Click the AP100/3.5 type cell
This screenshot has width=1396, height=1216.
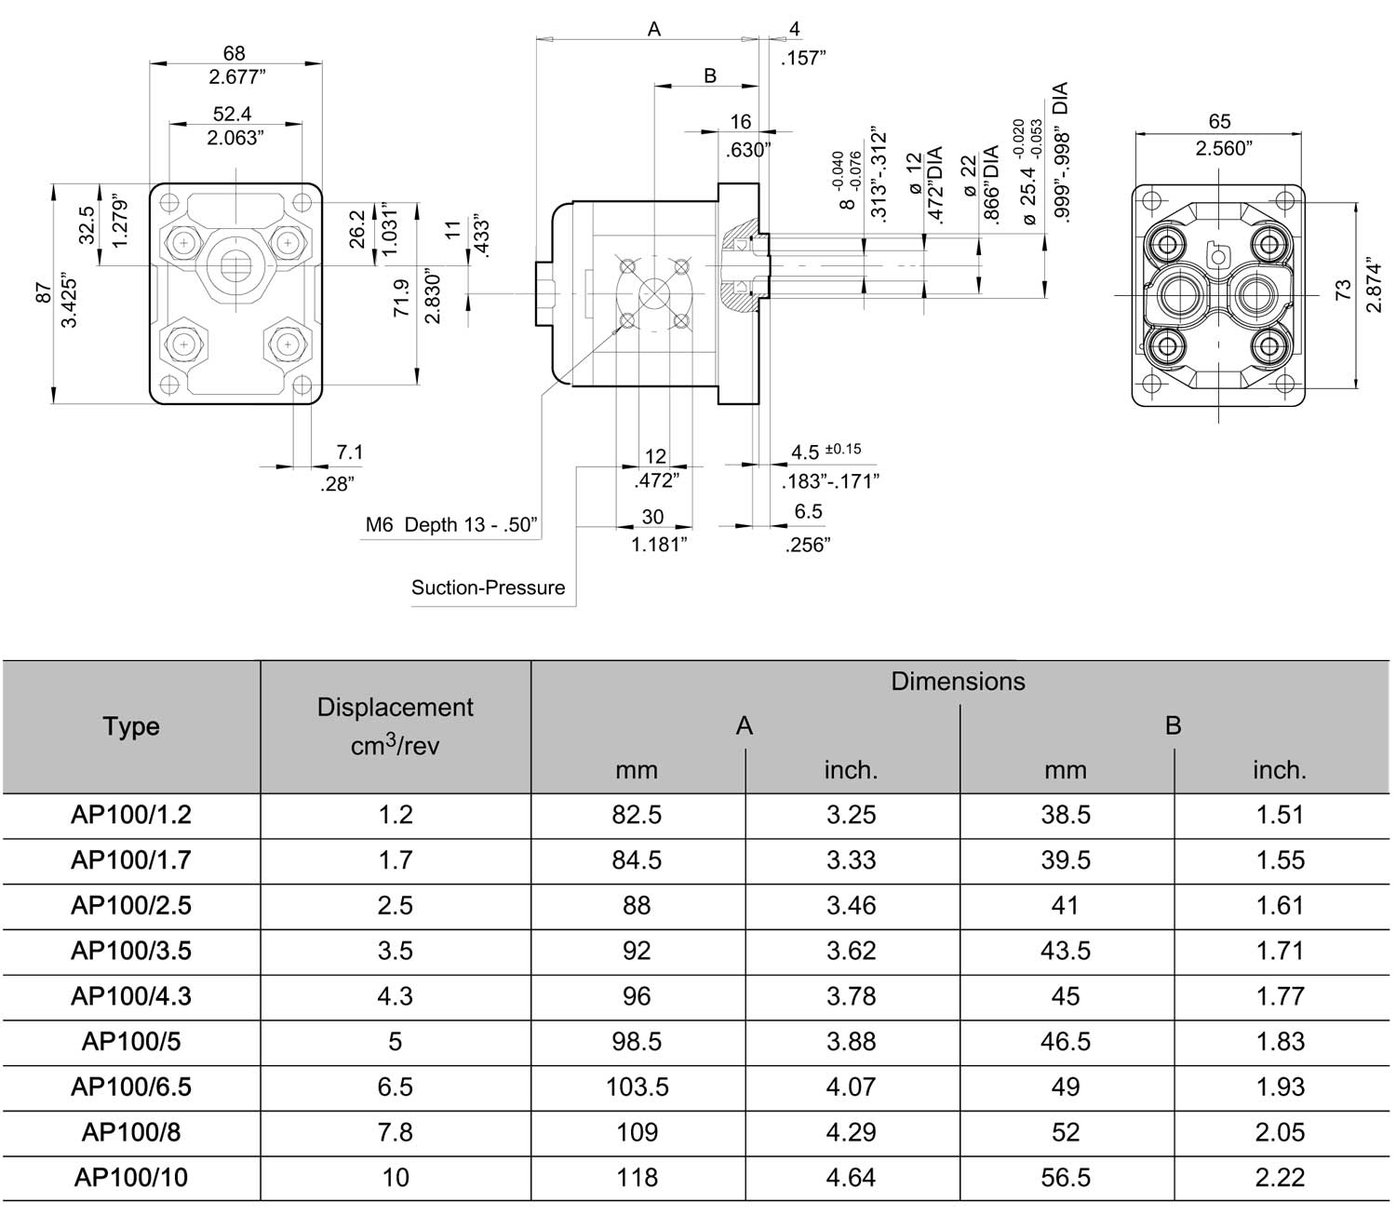pyautogui.click(x=131, y=951)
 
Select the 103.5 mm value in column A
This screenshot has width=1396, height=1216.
pyautogui.click(x=638, y=1087)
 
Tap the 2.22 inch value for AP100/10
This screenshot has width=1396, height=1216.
pyautogui.click(x=1280, y=1177)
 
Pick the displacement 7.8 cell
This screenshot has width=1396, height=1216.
pyautogui.click(x=395, y=1132)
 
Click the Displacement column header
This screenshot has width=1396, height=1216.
pyautogui.click(x=395, y=726)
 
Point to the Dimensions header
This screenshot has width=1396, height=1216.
pyautogui.click(x=958, y=681)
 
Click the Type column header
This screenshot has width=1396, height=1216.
pyautogui.click(x=131, y=726)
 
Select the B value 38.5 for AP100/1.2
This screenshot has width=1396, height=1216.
pyautogui.click(x=1066, y=815)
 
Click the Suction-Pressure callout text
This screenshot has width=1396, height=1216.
pyautogui.click(x=488, y=588)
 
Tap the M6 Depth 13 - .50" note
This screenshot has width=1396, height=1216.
pyautogui.click(x=451, y=525)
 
